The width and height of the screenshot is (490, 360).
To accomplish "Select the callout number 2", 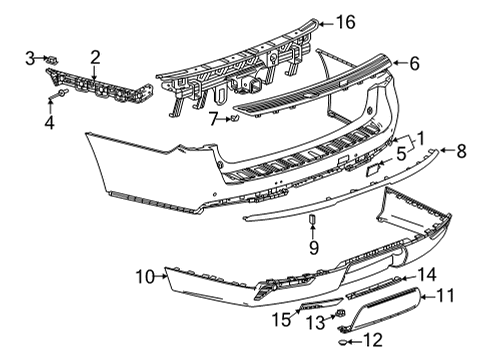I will [96, 57].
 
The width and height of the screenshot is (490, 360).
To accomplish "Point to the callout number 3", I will [29, 58].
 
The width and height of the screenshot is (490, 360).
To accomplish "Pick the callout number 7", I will [212, 119].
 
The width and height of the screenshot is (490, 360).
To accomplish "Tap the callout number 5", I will [401, 155].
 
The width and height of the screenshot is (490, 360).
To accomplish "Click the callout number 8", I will [461, 152].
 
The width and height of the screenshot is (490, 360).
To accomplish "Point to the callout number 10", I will [144, 275].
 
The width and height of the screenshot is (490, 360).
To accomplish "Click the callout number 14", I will [427, 274].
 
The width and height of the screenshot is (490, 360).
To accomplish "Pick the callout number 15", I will [281, 319].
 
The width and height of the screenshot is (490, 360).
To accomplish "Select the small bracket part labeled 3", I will [50, 62].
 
